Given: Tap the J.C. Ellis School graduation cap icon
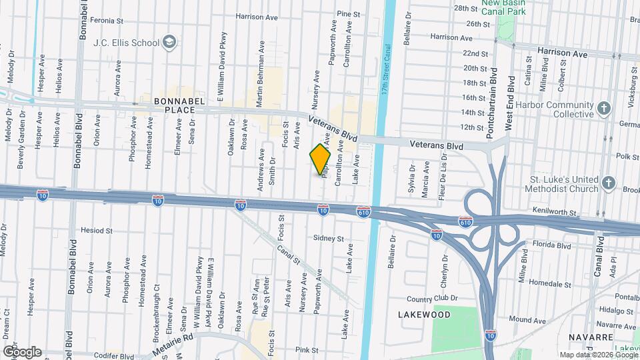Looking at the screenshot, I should [169, 43].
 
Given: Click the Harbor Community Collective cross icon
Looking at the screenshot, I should [604, 108].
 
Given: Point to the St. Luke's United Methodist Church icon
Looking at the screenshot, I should [608, 182].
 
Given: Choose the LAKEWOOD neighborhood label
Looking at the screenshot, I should [424, 314].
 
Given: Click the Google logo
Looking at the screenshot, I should [22, 351].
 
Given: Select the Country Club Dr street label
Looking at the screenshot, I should [433, 299].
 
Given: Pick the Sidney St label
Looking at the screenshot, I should [328, 238].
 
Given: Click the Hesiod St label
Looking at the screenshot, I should [97, 230].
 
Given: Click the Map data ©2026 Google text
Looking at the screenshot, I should [597, 355].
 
